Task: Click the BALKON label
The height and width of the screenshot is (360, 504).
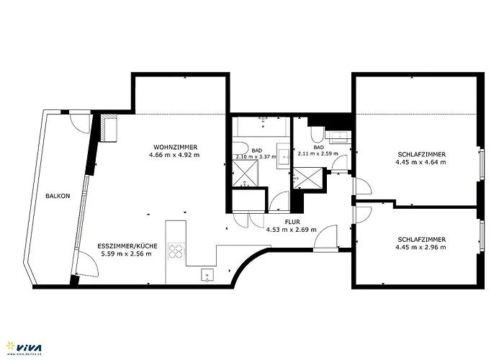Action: [x=58, y=196]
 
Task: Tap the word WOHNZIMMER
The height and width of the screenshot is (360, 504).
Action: [x=174, y=147]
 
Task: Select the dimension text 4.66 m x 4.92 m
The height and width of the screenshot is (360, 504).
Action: [x=174, y=155]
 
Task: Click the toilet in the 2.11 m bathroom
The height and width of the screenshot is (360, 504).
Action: [x=317, y=135]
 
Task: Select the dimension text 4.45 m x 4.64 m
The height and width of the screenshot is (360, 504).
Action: [x=420, y=162]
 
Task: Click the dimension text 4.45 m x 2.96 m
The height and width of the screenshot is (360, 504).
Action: [x=420, y=247]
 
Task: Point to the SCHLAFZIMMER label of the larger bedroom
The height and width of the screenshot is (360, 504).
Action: [x=420, y=154]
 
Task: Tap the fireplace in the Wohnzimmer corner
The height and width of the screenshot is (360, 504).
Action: [x=109, y=130]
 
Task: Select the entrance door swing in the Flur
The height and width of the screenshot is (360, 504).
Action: [x=325, y=238]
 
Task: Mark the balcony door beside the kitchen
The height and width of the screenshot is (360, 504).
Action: [x=86, y=269]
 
